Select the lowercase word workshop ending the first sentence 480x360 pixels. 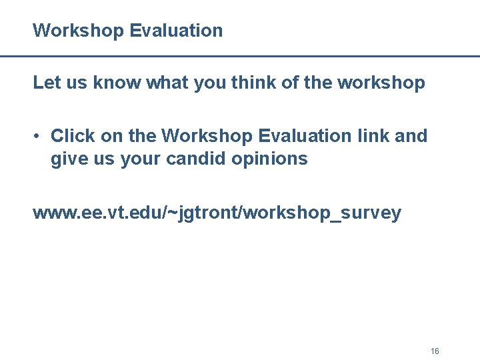click(381, 83)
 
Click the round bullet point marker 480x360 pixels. click(39, 137)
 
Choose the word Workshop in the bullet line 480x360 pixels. click(207, 136)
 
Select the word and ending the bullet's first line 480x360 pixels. click(411, 136)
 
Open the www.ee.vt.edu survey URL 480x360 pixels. click(217, 213)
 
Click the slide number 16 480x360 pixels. click(435, 351)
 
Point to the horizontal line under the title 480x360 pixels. click(240, 57)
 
